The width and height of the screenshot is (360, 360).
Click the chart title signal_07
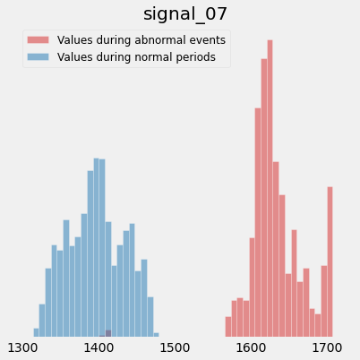(185, 14)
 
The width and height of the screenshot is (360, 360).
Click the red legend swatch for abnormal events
(39, 39)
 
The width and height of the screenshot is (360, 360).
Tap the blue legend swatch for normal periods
(39, 56)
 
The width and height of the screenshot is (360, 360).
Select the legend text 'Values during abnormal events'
(141, 40)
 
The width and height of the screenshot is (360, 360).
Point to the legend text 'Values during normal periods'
(136, 57)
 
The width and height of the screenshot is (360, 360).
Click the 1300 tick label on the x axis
(22, 347)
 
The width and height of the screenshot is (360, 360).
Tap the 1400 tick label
(99, 347)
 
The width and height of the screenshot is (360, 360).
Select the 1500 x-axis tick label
(175, 347)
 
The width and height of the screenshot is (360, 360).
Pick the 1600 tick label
(251, 347)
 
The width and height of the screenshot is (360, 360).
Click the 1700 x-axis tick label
(327, 347)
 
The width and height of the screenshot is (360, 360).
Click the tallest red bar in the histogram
(270, 188)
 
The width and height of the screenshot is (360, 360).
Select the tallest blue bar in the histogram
(96, 247)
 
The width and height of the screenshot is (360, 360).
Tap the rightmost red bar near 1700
(330, 261)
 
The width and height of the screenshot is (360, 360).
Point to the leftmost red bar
(228, 327)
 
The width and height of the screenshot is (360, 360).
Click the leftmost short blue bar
(36, 332)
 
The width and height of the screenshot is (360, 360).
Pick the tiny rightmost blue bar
(156, 335)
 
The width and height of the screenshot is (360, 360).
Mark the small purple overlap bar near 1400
(108, 333)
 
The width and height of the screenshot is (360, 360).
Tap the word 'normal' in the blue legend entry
(153, 57)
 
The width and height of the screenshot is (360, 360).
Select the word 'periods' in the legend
(196, 57)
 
